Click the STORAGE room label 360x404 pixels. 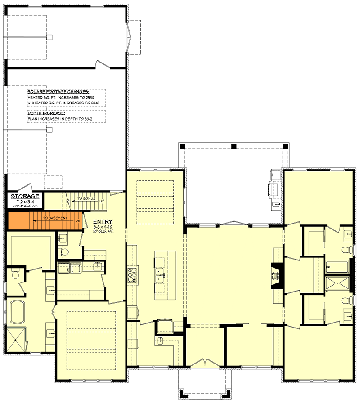[x=25, y=196]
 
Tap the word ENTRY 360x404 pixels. [x=103, y=222]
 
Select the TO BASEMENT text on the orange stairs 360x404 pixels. [x=55, y=218]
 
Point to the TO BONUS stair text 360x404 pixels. [x=85, y=198]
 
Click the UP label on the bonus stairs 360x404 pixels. [x=102, y=202]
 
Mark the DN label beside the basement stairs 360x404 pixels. [x=77, y=221]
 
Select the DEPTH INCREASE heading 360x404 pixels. [x=46, y=113]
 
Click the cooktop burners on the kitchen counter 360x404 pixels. [x=133, y=275]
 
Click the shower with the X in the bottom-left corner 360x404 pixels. [x=16, y=341]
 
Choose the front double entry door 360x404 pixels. [x=205, y=363]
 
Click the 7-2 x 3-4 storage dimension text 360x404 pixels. [x=25, y=202]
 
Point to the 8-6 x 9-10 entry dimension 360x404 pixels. [x=103, y=227]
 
